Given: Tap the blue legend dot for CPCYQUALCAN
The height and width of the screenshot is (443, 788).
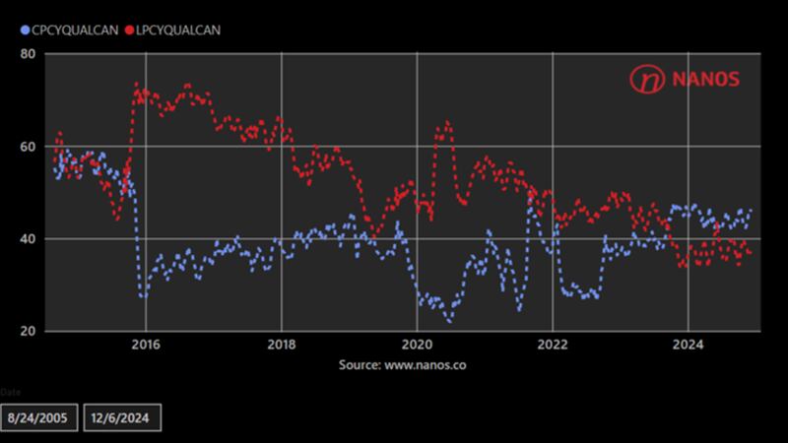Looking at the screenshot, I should (x=25, y=31).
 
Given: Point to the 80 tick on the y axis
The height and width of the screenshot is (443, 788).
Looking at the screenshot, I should (x=30, y=54).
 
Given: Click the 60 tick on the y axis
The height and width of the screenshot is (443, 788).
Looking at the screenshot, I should (x=30, y=147).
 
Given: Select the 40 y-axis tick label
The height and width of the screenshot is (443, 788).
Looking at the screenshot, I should (x=30, y=239).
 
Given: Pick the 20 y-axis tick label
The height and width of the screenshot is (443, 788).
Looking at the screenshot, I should (x=30, y=332).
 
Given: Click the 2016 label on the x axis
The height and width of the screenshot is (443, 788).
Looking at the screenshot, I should (x=146, y=346).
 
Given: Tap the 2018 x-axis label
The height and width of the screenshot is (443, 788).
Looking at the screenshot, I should (x=282, y=346).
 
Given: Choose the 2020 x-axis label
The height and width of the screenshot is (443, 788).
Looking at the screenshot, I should (x=418, y=346).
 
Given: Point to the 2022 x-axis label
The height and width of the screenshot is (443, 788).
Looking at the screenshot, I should (x=553, y=346).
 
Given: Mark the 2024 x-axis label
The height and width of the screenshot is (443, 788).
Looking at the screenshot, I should (x=689, y=346).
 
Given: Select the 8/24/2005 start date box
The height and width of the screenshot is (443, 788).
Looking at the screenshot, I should (x=38, y=416).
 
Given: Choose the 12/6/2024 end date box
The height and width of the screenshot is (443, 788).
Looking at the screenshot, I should (x=121, y=416).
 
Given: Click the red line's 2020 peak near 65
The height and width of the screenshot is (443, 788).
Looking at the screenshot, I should (x=446, y=123).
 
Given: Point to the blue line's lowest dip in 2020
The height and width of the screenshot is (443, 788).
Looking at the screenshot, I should (x=449, y=321).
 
